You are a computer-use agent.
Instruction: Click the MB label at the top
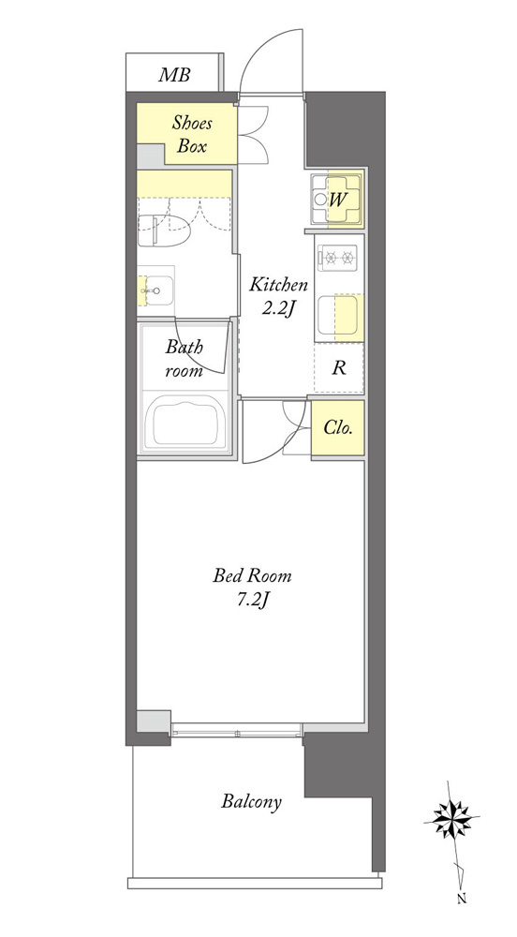coord(174,75)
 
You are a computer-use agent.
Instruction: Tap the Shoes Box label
coord(192,134)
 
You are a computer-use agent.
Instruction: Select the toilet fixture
coord(163,231)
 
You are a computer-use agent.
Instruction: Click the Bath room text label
coord(184,358)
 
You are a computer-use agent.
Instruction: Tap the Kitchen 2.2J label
coord(278,296)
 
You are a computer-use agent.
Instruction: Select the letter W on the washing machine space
coord(336,200)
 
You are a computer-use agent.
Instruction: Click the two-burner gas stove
coord(338,258)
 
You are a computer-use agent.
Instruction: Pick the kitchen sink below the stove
coord(338,315)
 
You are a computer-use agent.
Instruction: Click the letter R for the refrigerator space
coord(339,367)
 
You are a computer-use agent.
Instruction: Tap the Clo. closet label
coord(338,428)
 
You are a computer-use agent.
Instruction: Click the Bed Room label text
coord(253,576)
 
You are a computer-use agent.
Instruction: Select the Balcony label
coord(251,802)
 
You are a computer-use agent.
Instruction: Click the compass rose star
coord(452,818)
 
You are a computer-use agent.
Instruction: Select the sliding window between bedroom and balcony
coord(236,730)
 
